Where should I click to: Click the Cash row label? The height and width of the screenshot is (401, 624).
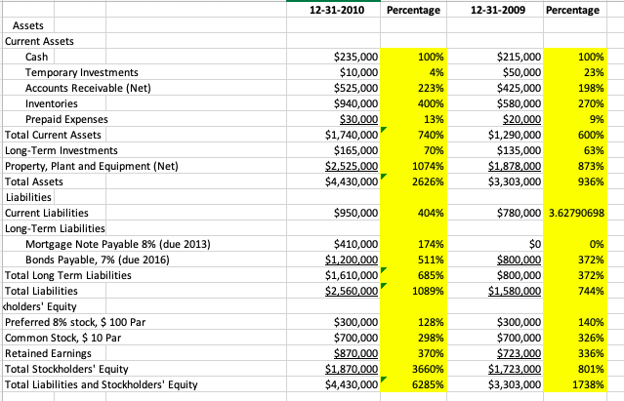[x=39, y=58]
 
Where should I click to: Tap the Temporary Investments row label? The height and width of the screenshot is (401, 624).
[x=81, y=73]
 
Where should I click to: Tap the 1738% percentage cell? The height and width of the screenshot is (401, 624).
[x=586, y=384]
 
